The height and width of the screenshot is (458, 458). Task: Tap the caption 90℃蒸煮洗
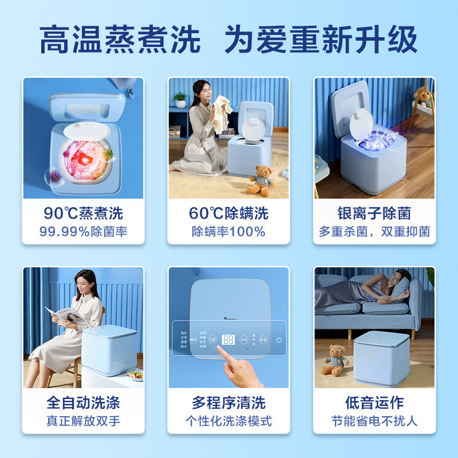tap(84, 214)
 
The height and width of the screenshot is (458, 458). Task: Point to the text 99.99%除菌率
tap(84, 232)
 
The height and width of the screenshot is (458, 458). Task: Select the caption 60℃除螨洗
tap(228, 214)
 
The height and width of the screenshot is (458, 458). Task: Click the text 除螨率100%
tap(228, 232)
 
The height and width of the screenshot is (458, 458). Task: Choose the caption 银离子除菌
tap(374, 214)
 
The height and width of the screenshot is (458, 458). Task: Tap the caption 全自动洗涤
tap(84, 403)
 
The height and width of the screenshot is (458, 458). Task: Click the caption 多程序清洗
tap(228, 403)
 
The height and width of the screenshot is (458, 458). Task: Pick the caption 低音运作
tap(374, 403)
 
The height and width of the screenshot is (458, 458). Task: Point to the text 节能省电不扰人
tap(374, 421)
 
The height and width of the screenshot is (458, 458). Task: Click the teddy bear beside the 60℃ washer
tap(261, 179)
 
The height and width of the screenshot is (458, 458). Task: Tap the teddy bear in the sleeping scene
tap(335, 359)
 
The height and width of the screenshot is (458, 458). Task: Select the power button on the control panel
tap(279, 339)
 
